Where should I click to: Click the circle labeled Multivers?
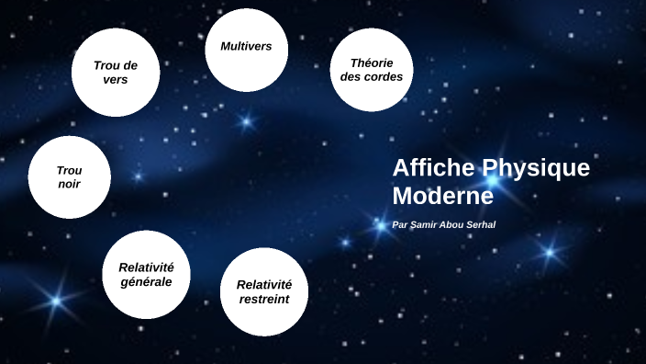tap(246, 51)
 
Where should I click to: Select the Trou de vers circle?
tap(116, 73)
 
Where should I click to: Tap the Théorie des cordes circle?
tap(371, 70)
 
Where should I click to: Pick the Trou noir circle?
tap(69, 177)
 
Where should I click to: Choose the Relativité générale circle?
tap(146, 274)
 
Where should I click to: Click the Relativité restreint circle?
tap(263, 291)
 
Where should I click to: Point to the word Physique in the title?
tap(536, 168)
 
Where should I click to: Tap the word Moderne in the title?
tap(442, 196)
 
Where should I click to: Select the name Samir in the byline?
tap(424, 225)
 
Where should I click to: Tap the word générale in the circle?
tap(146, 281)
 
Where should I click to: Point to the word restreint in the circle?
tap(263, 299)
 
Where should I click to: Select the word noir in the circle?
tap(69, 184)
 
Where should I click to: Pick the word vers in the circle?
tap(116, 80)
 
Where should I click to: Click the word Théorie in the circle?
tap(371, 63)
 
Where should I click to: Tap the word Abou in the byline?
tap(451, 225)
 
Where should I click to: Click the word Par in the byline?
tap(399, 225)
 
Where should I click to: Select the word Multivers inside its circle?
tap(246, 46)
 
